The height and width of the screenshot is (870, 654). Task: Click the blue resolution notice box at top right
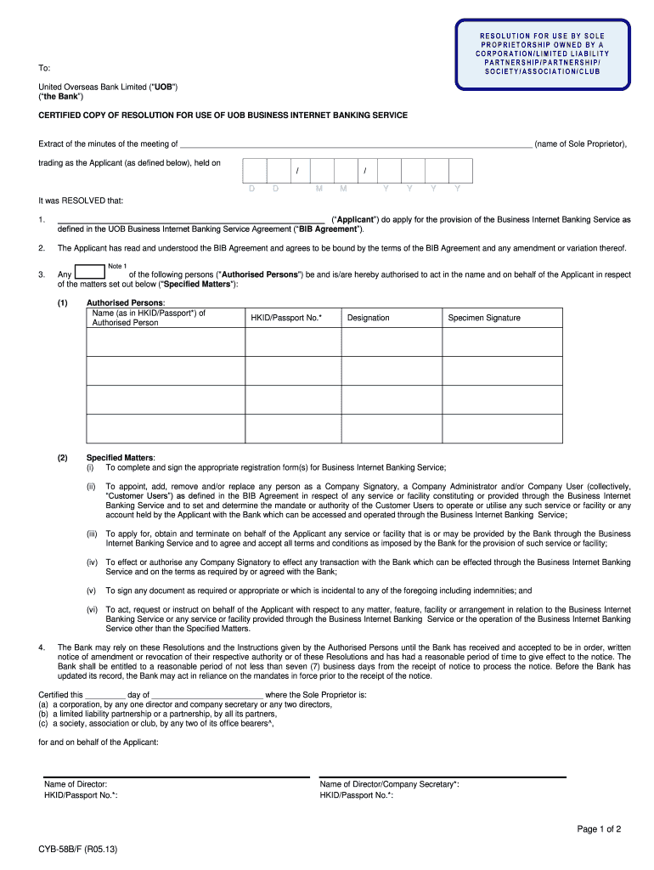(542, 54)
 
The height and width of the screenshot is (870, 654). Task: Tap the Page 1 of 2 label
(599, 829)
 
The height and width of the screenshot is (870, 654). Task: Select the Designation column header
(368, 318)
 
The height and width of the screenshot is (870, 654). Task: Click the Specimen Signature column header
(484, 318)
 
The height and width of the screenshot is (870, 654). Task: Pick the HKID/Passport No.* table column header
(286, 318)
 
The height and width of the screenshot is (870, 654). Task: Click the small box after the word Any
(90, 273)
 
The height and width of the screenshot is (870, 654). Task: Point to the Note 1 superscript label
(117, 266)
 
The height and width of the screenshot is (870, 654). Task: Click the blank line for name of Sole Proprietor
(356, 145)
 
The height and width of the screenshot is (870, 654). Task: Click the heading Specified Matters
(121, 457)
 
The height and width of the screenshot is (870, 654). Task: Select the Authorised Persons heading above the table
(126, 302)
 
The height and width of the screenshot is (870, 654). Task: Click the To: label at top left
(44, 67)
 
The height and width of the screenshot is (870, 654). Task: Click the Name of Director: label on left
(76, 784)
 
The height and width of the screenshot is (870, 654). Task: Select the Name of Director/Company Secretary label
(389, 784)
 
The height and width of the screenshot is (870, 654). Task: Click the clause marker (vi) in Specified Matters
(91, 610)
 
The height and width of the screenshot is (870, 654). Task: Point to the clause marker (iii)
(91, 534)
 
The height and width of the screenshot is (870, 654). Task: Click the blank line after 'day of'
(207, 694)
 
